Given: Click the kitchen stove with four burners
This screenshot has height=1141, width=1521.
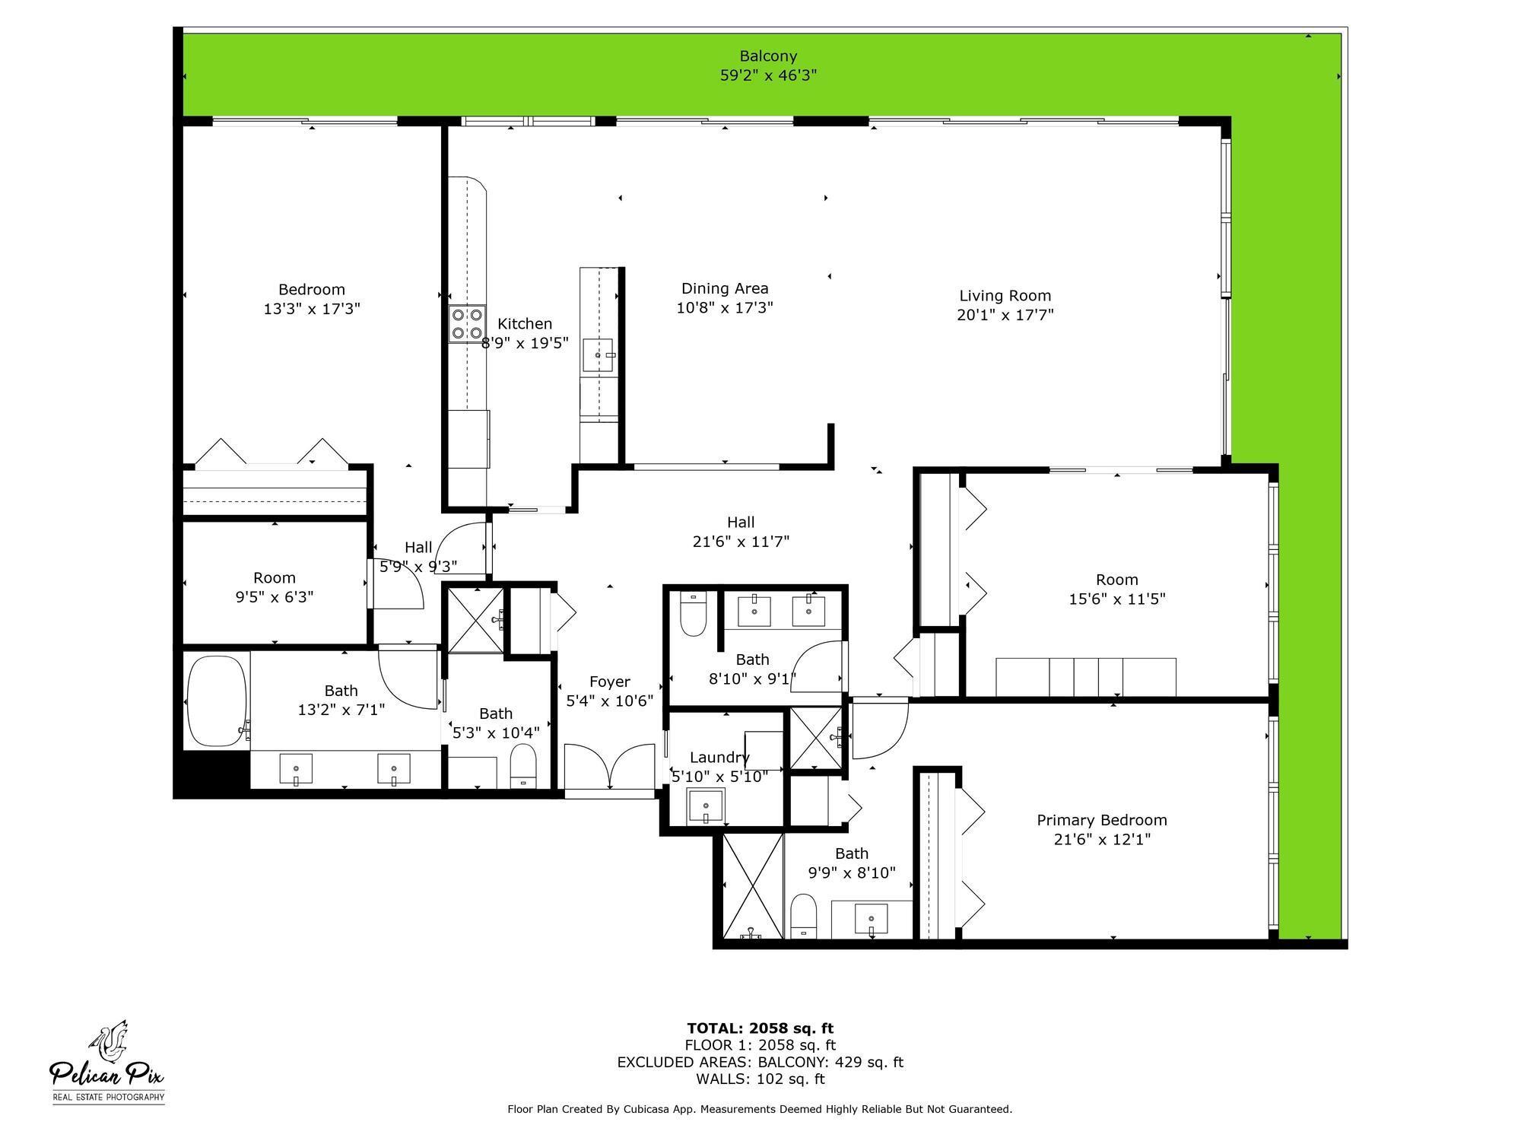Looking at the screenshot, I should click(467, 323).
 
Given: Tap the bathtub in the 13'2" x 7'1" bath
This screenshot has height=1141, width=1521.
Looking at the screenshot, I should click(218, 701).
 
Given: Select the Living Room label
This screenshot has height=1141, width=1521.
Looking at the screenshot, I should click(1005, 296).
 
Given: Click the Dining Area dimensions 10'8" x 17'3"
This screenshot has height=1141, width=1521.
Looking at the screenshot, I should click(724, 308).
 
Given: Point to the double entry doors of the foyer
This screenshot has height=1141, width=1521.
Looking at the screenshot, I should click(609, 767).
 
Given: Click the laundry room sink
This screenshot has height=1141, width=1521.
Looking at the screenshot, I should click(706, 807).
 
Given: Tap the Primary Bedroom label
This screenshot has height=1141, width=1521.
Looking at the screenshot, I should click(1101, 820).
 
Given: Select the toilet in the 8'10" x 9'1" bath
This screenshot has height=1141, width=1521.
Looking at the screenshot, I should click(693, 615).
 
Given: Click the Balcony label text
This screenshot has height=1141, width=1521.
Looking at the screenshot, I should click(768, 56).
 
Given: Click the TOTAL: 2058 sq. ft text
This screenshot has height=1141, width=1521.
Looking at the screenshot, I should click(760, 1028).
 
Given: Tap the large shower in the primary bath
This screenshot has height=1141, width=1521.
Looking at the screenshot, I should click(752, 885).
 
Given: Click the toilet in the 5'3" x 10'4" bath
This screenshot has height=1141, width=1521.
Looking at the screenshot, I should click(522, 765).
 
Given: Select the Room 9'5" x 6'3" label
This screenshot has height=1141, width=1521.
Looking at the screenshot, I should click(274, 578).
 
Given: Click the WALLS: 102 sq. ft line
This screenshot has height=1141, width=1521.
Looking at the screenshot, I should click(760, 1079).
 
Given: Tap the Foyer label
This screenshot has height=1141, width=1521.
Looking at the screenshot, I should click(609, 682).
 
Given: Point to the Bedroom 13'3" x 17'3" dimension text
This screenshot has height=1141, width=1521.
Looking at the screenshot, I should click(312, 309).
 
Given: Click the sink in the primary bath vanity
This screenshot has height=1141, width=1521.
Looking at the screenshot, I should click(871, 919).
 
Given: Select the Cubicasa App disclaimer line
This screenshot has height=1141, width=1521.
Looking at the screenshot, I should click(760, 1109).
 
